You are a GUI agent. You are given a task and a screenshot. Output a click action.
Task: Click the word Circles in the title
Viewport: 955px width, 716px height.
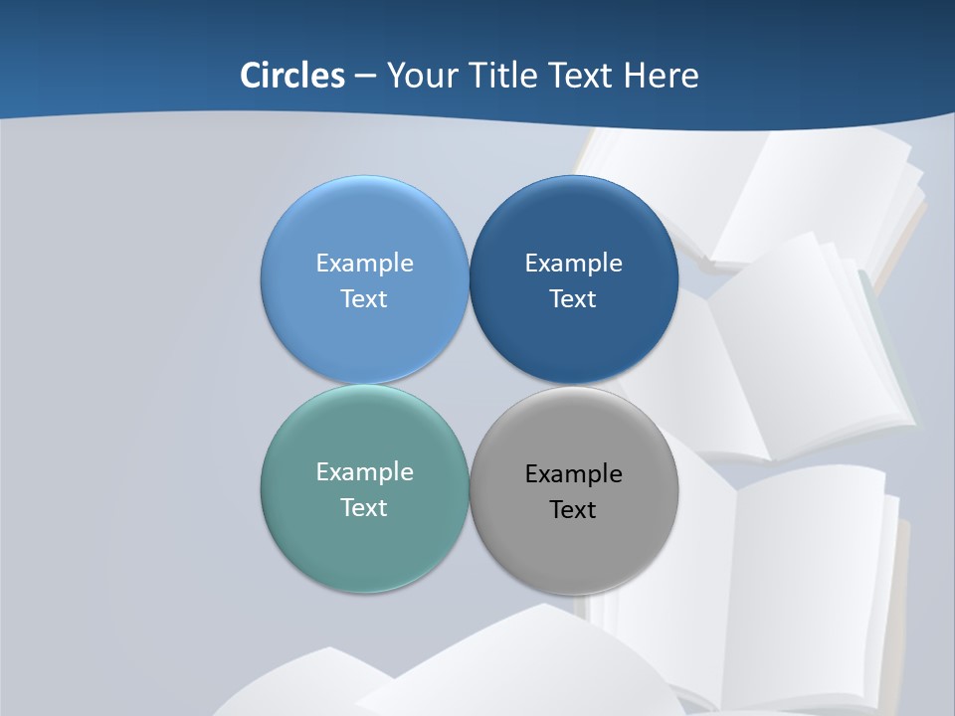(291, 76)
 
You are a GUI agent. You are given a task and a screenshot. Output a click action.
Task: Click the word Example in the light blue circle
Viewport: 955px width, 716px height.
(364, 263)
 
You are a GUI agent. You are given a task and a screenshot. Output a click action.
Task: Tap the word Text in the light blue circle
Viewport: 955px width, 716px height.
(364, 298)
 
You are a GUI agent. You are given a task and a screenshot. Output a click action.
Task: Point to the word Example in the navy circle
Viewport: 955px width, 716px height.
(573, 263)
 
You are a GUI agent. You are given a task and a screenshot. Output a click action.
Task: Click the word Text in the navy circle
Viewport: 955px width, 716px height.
(573, 298)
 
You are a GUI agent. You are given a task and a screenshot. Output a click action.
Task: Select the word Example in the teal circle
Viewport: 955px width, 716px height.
(364, 471)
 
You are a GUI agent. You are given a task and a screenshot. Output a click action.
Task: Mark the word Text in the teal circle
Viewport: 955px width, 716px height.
(364, 507)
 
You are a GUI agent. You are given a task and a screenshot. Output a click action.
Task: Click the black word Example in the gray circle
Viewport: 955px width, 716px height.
(573, 473)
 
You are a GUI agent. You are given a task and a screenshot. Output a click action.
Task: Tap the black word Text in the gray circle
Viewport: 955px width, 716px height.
(573, 509)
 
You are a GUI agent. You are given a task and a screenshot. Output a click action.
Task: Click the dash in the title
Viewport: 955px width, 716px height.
(365, 77)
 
